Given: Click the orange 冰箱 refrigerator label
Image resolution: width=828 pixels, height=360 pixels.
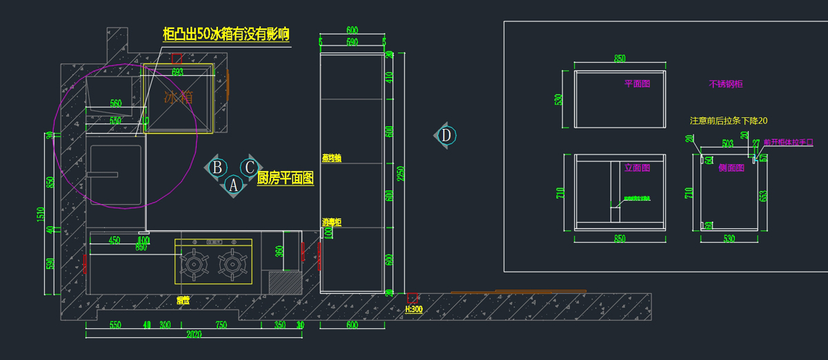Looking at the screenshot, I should [x=178, y=97].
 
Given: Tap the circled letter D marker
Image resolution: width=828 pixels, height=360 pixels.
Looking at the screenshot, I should [x=446, y=135].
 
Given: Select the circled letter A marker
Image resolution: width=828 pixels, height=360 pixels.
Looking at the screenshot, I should [x=233, y=185].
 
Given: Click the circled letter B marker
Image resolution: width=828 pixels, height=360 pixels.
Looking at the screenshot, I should [x=217, y=168].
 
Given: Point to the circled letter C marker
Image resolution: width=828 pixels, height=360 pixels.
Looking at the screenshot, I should [x=250, y=168].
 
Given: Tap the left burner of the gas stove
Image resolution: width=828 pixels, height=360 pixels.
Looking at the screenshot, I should [x=195, y=263].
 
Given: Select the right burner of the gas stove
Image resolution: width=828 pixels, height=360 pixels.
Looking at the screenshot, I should [x=233, y=263].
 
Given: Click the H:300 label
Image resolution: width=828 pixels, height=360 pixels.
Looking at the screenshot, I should [x=414, y=310].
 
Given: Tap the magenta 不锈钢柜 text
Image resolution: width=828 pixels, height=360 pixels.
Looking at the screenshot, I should [x=726, y=85].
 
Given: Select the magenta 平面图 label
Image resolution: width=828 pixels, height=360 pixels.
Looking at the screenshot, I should [x=638, y=84].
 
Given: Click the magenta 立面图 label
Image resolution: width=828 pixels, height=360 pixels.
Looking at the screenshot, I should [x=638, y=168].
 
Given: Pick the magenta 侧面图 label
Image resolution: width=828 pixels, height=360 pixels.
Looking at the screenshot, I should [x=731, y=168].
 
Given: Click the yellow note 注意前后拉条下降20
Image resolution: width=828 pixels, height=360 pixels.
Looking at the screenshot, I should [x=729, y=121].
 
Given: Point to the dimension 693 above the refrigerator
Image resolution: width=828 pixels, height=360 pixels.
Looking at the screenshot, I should [x=177, y=72].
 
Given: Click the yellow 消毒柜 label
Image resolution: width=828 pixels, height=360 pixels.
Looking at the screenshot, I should [x=332, y=222].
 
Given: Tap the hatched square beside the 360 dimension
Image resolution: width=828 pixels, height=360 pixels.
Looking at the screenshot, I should [x=283, y=282].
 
